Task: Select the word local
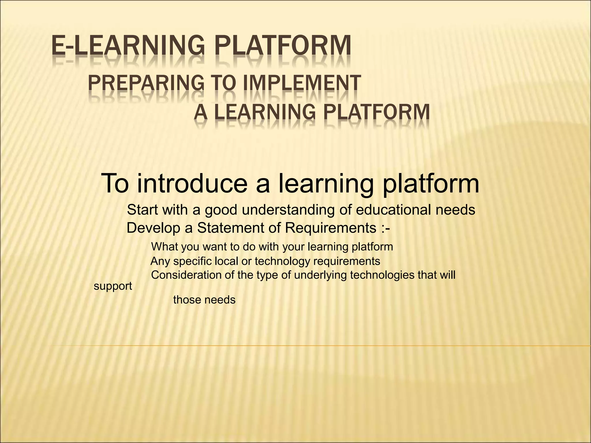pyautogui.click(x=227, y=261)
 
